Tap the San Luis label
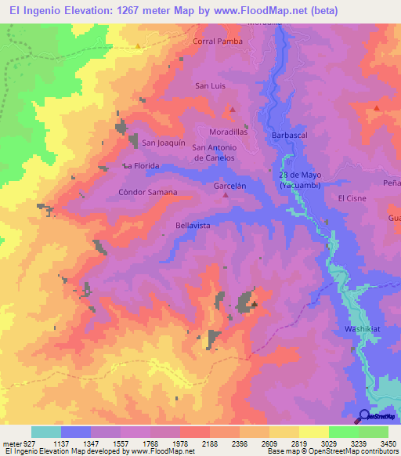[x=209, y=85]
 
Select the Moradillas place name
[x=228, y=132]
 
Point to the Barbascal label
[x=289, y=136]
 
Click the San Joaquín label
[x=163, y=143]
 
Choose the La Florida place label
[x=141, y=166]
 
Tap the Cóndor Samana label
[x=147, y=192]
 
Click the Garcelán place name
[x=230, y=186]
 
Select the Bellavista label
[x=193, y=225]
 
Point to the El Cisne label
[x=352, y=198]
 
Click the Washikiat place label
[x=363, y=329]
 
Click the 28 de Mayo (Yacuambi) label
[x=300, y=179]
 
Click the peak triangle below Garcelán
[x=226, y=196]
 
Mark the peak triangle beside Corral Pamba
[x=139, y=45]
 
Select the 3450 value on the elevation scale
[x=389, y=443]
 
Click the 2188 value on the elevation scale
[x=210, y=443]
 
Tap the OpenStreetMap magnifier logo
[x=364, y=415]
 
